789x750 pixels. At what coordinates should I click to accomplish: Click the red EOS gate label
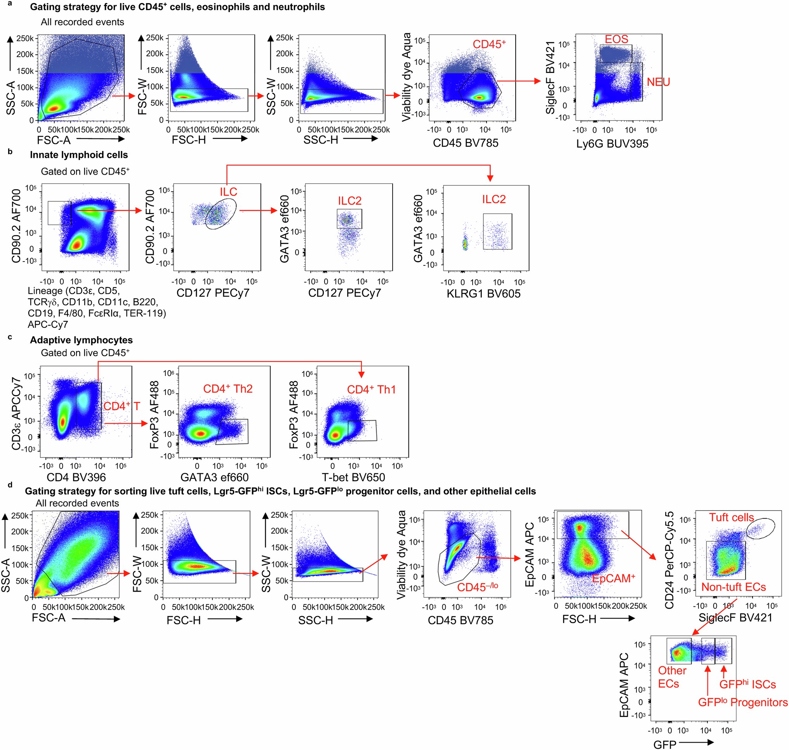coord(616,39)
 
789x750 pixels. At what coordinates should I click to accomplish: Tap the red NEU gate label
coord(658,82)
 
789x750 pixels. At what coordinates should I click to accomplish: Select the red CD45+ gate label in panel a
coord(489,44)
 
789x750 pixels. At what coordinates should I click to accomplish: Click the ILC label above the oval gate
coord(228,192)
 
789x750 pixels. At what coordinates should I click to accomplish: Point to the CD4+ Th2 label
coord(228,389)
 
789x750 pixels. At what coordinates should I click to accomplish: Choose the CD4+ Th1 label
coord(371,390)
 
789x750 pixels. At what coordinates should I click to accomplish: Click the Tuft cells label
coord(731,517)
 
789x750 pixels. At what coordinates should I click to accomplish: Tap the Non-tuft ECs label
coord(733,587)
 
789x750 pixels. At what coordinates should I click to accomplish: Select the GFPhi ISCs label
coord(747,684)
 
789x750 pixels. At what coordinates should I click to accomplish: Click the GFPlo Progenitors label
coord(742,702)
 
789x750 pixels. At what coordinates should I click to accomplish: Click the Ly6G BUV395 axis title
coord(612,144)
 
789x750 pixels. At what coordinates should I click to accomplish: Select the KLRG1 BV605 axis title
coord(483,294)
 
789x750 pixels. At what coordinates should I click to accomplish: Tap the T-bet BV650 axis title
coord(353,477)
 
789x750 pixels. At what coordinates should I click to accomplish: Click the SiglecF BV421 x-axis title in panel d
coord(735,618)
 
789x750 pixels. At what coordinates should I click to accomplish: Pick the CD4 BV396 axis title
coord(76,477)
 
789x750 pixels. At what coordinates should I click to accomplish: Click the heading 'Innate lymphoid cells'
coord(79,155)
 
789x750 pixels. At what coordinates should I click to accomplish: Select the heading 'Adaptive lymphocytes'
coord(81,340)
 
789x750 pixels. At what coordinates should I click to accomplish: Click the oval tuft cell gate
coord(760,528)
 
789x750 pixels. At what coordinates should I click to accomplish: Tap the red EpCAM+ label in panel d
coord(613,579)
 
